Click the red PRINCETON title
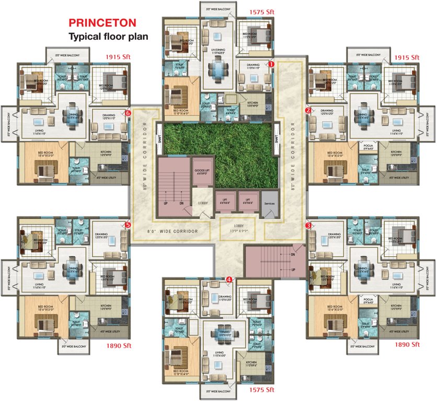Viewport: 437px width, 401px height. point(103,23)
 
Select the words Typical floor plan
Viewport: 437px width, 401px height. point(108,37)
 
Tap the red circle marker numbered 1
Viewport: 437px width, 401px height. point(271,64)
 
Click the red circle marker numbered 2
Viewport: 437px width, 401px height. point(308,110)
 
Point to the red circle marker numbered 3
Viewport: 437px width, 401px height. point(308,225)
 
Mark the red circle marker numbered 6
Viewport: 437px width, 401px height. point(128,112)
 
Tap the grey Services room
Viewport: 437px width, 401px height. point(270,203)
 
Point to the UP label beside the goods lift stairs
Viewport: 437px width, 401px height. point(166,203)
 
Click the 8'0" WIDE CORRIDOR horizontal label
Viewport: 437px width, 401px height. point(172,230)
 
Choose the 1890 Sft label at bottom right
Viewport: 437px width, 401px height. point(408,345)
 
